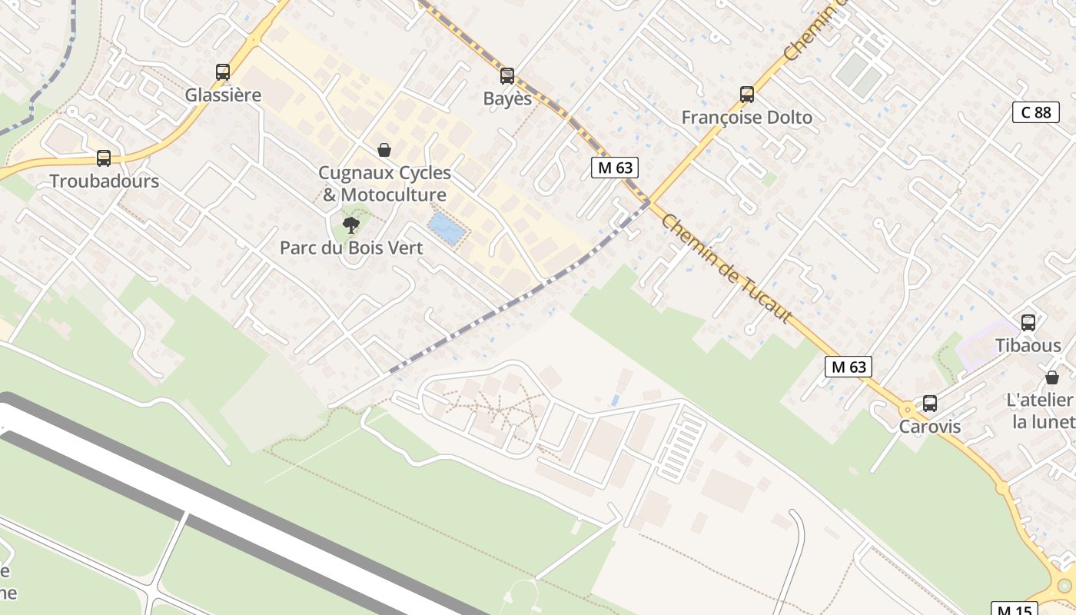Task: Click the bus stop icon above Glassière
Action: click(223, 72)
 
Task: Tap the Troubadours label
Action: click(104, 181)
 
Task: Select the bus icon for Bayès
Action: click(507, 76)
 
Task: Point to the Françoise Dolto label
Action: click(746, 118)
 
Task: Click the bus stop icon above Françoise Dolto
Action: click(747, 95)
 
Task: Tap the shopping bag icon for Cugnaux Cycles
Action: click(384, 150)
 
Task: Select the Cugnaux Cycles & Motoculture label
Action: click(384, 184)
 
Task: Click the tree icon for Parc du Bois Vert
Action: click(351, 225)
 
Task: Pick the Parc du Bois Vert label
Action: click(351, 248)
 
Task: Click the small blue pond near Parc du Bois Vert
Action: click(447, 228)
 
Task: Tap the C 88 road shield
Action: click(1035, 112)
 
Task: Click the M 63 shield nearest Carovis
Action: click(849, 367)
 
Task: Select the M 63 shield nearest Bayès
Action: click(615, 168)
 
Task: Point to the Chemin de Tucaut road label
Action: click(726, 267)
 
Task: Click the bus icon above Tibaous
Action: click(1028, 323)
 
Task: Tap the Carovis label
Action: click(930, 427)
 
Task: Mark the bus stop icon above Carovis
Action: click(930, 403)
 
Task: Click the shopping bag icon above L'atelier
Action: click(1051, 377)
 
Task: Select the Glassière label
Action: click(223, 95)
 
